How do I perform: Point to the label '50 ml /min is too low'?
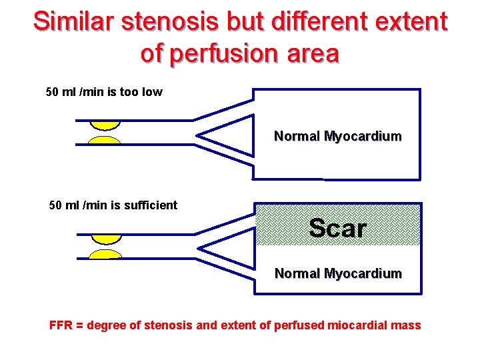(x=103, y=92)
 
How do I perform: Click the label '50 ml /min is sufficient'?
(x=113, y=205)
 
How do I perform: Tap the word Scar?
(x=338, y=229)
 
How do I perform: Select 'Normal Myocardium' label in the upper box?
(x=337, y=137)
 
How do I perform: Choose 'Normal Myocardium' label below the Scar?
(x=338, y=273)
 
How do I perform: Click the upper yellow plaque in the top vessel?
(x=105, y=125)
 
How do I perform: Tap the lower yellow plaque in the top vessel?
(x=105, y=141)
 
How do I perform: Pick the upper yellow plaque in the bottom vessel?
(x=106, y=238)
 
